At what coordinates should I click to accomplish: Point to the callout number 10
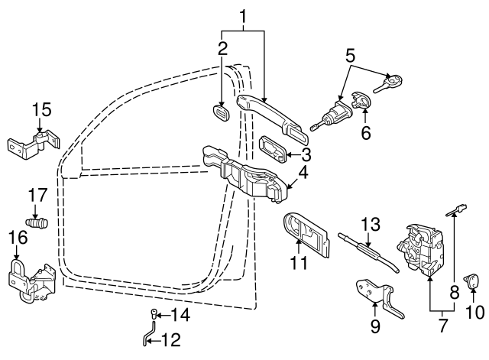pyautogui.click(x=475, y=312)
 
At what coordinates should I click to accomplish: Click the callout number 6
pyautogui.click(x=365, y=132)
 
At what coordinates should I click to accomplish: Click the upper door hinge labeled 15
pyautogui.click(x=32, y=144)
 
